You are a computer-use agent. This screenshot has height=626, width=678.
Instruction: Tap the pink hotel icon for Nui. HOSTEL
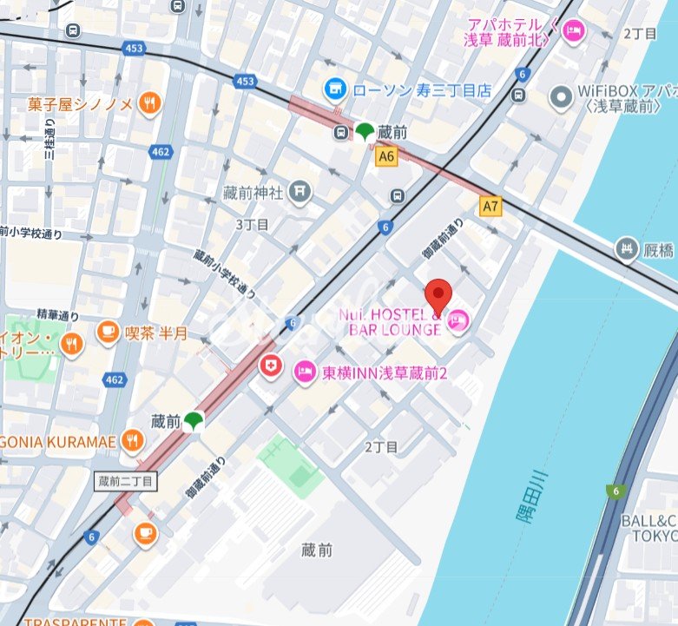[459, 322]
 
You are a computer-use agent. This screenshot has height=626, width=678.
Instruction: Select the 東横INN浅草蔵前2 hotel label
[384, 372]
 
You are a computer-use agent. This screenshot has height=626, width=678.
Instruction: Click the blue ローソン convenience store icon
[334, 89]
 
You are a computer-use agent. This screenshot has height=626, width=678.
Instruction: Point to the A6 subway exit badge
[386, 157]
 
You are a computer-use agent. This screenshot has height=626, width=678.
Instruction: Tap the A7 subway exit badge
[491, 206]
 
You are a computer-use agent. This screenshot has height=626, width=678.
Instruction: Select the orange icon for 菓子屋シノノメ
[150, 103]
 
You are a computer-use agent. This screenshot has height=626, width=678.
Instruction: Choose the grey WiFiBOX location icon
[563, 96]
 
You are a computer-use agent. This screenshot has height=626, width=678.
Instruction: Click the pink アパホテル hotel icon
[574, 32]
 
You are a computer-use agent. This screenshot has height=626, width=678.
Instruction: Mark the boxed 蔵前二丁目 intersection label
[125, 480]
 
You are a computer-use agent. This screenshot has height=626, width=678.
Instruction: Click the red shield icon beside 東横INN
[272, 366]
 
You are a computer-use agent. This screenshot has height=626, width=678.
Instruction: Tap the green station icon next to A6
[364, 132]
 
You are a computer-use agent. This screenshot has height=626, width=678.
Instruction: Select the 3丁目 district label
[253, 224]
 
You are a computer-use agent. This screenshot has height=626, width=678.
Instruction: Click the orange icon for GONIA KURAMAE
[132, 440]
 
